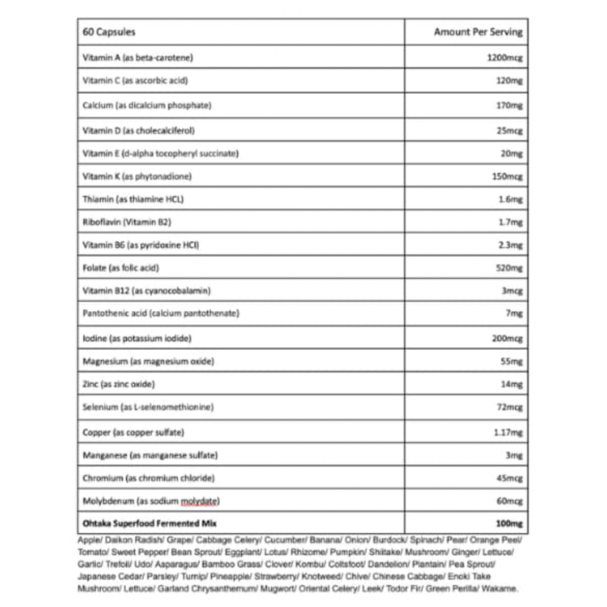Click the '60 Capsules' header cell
108,32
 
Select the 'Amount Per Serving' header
478,32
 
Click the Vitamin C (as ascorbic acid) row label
135,80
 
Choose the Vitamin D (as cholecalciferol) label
138,130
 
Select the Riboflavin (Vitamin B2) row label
126,223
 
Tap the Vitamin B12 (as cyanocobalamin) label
146,291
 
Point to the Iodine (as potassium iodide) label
137,338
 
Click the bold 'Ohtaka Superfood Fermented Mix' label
149,523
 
